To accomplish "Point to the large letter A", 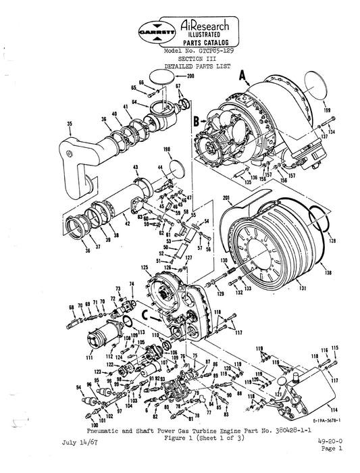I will click(x=241, y=78).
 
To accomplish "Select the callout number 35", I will click(x=50, y=124).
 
